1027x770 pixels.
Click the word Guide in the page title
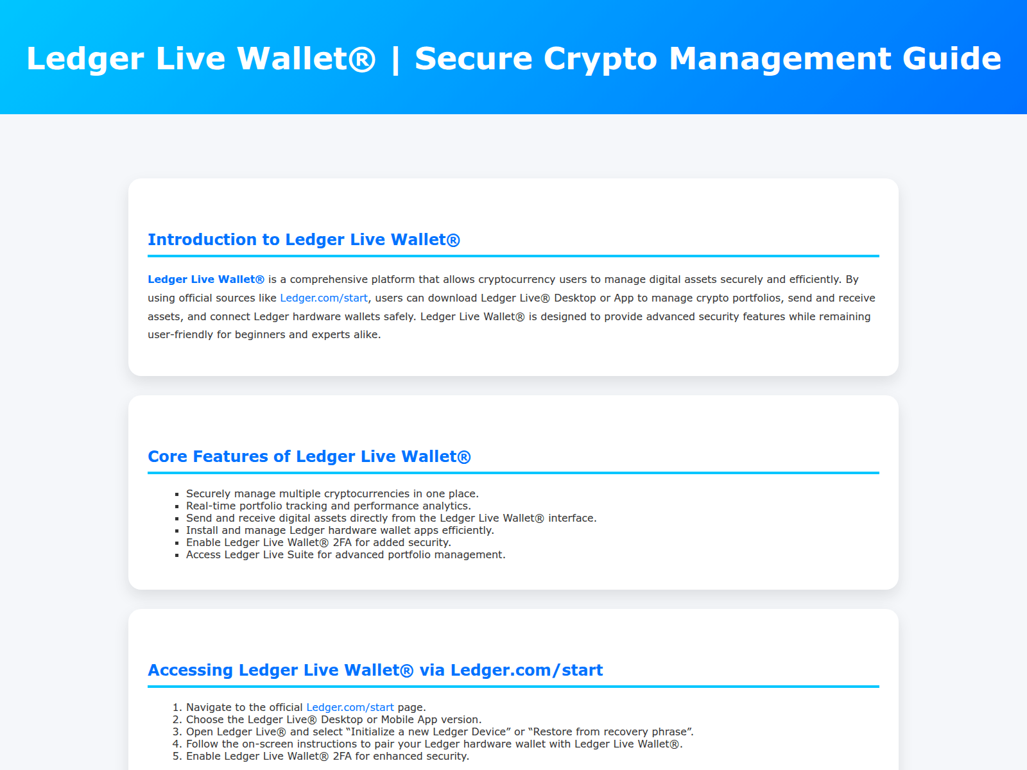point(952,58)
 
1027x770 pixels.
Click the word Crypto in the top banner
point(600,59)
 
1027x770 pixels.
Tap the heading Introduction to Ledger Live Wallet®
point(304,239)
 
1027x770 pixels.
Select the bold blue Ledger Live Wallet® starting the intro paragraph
point(206,279)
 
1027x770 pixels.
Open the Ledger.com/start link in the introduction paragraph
point(324,298)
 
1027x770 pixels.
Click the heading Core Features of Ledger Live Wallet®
point(309,456)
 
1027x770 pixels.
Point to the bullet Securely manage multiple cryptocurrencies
point(332,493)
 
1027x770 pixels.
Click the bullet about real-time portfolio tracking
point(329,506)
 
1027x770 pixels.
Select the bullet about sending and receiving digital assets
point(391,518)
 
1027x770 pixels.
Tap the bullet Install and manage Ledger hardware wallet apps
point(340,530)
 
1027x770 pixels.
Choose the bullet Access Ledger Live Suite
point(346,554)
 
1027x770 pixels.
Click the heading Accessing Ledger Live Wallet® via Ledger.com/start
point(375,670)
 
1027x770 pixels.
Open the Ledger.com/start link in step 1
point(350,707)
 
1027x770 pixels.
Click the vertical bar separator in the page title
point(395,60)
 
